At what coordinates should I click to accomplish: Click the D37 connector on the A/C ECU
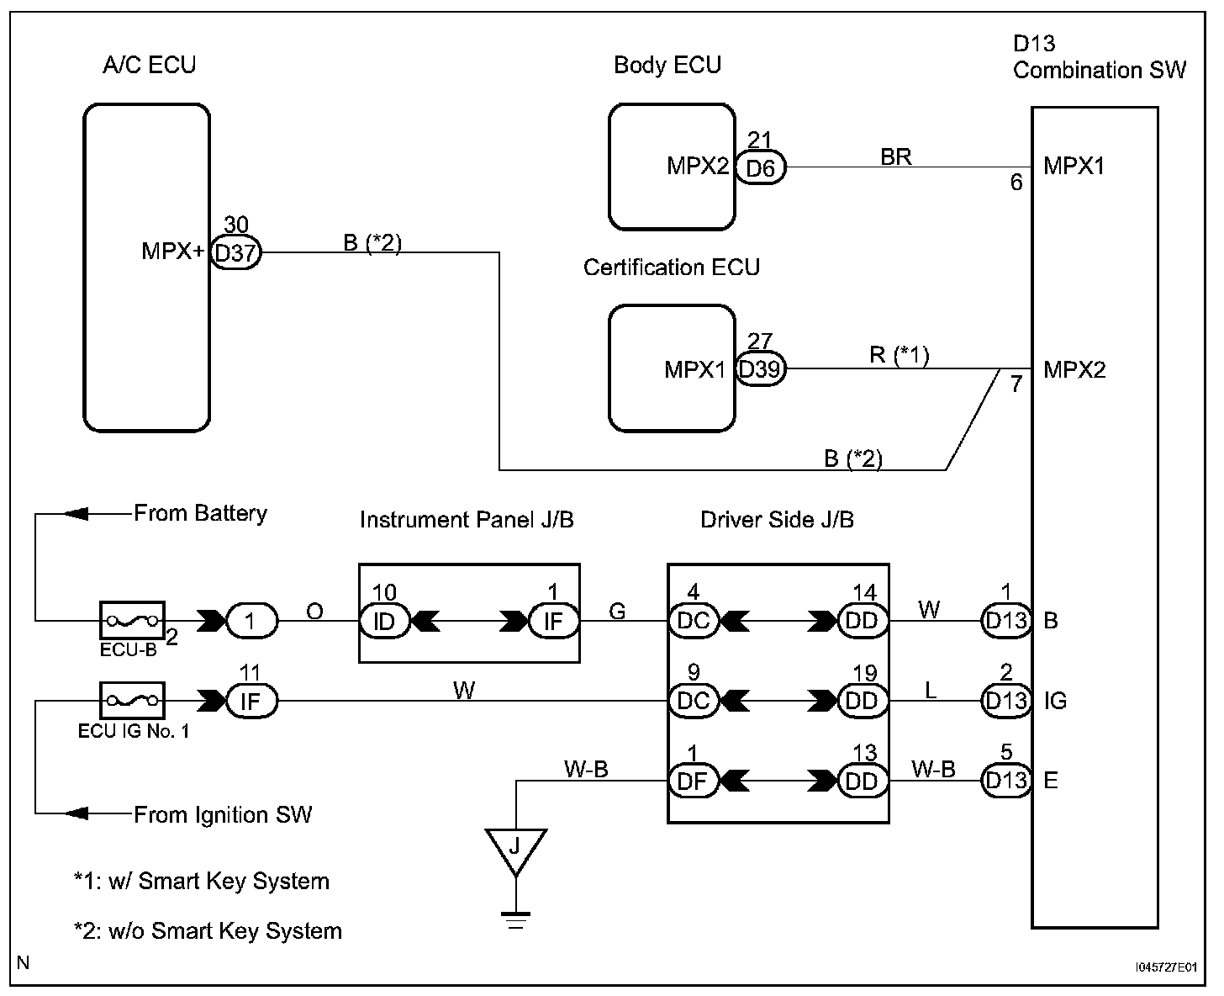point(235,252)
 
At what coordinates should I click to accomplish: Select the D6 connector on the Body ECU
point(760,168)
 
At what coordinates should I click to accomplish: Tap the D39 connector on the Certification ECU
point(760,369)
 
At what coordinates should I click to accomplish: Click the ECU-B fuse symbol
point(132,621)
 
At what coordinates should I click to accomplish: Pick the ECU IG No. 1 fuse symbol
point(132,700)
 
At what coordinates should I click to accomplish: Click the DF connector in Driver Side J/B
point(693,781)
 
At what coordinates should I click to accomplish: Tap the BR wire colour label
point(896,156)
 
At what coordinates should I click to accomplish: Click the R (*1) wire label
point(899,356)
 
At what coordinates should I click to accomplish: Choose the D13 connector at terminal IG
point(1005,701)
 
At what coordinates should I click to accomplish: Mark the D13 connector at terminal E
point(1005,781)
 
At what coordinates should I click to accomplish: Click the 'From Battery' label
point(200,513)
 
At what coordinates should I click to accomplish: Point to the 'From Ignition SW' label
point(223,814)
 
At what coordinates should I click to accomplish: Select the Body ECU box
point(672,167)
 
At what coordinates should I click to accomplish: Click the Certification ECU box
point(672,368)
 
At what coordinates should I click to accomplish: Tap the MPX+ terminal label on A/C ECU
point(172,252)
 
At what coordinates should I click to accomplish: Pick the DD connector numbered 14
point(862,622)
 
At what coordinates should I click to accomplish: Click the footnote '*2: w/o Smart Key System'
point(208,930)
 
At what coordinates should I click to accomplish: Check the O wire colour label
point(314,611)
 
